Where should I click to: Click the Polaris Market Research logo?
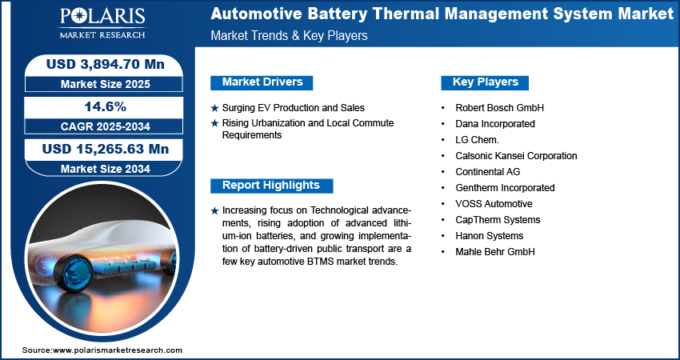pos(102,23)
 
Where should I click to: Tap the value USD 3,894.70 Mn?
pos(106,64)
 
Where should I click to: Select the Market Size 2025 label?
pos(106,84)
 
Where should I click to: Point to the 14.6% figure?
pos(106,106)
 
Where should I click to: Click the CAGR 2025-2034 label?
pos(106,126)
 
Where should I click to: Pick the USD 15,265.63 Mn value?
pos(106,149)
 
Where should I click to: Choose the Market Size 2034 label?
pos(106,169)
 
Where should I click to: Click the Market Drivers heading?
pos(262,82)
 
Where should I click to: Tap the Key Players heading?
pos(486,82)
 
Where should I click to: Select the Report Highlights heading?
pos(270,186)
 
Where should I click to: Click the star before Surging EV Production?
pos(214,108)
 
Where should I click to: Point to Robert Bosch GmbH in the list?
pos(499,107)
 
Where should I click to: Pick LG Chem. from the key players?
pos(477,140)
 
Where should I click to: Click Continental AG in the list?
pos(487,172)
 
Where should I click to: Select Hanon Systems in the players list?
pos(489,236)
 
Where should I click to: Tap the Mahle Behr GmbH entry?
pos(495,252)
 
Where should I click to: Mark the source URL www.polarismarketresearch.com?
pos(118,350)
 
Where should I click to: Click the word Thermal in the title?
pos(393,14)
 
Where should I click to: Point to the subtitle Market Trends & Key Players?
pos(290,35)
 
